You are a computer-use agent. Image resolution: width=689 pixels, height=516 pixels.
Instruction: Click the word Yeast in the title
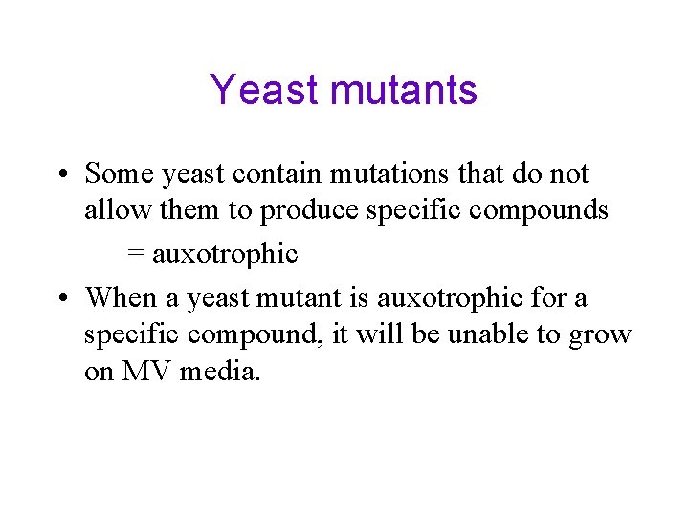[263, 91]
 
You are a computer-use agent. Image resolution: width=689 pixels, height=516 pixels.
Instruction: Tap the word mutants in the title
[403, 91]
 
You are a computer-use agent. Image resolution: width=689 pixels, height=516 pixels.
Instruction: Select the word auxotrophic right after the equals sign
[225, 255]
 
